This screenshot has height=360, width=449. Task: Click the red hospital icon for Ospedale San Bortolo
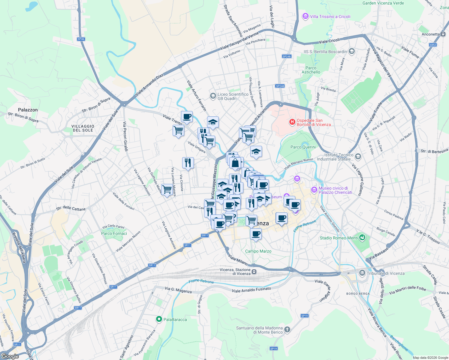(292, 122)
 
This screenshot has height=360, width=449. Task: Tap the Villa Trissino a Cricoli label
(330, 16)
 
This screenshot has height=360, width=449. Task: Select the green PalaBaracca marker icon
(159, 319)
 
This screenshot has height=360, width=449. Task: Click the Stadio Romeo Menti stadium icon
(363, 238)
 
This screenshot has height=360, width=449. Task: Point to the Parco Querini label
(303, 147)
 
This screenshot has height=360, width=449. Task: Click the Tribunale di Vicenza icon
(362, 273)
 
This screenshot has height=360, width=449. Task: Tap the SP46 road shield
(81, 39)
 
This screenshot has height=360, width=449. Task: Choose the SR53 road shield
(432, 45)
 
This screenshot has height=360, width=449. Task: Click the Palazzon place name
(28, 110)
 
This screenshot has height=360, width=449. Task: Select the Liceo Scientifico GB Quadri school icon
(213, 96)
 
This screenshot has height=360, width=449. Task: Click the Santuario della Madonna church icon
(287, 330)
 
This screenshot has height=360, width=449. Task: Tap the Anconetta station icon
(443, 34)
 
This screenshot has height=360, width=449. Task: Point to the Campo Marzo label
(258, 251)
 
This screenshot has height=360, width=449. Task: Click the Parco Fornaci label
(114, 233)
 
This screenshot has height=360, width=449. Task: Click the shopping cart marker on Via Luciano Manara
(167, 189)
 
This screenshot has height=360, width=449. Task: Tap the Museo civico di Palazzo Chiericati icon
(314, 190)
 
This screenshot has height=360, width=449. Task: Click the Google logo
(10, 356)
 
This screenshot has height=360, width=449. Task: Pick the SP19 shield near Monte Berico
(273, 348)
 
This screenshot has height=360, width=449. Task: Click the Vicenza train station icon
(254, 271)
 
